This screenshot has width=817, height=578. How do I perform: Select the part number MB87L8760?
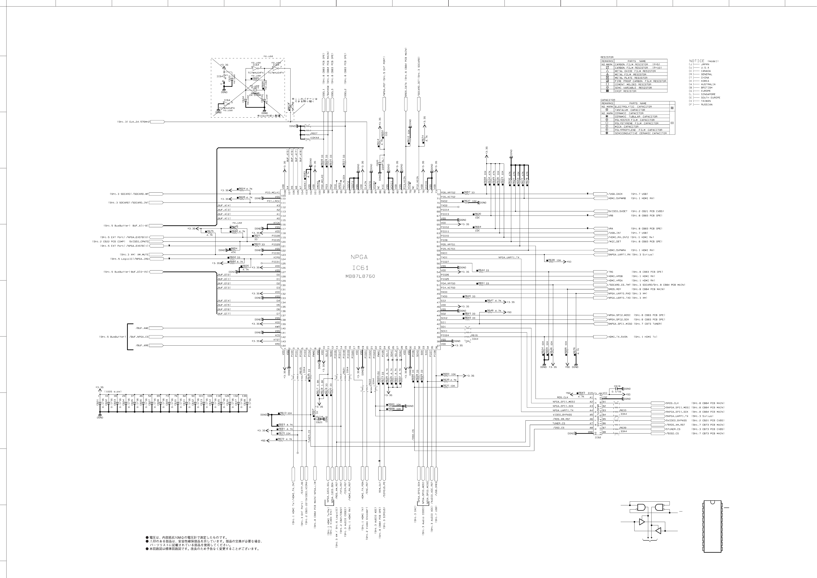pyautogui.click(x=360, y=276)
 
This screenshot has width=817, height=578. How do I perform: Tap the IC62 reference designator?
pyautogui.click(x=598, y=437)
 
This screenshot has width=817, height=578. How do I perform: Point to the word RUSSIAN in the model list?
pyautogui.click(x=707, y=105)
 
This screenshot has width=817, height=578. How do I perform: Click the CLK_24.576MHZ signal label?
pyautogui.click(x=139, y=122)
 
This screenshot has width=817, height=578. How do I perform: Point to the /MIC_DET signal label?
pyautogui.click(x=614, y=242)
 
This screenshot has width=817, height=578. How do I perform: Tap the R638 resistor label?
pyautogui.click(x=551, y=260)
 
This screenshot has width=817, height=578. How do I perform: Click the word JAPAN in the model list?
pyautogui.click(x=705, y=64)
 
